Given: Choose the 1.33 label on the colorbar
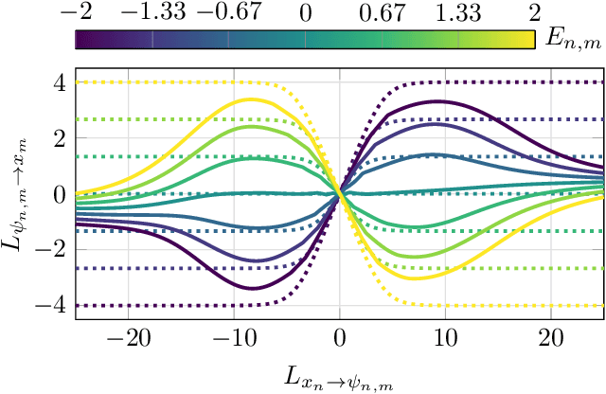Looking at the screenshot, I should point(459,13).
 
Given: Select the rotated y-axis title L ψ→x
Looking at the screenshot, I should point(18,194).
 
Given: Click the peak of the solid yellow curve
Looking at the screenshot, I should point(249,99).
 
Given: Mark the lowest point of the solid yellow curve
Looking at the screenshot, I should point(417,278).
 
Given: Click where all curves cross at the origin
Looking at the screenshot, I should point(339,194).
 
